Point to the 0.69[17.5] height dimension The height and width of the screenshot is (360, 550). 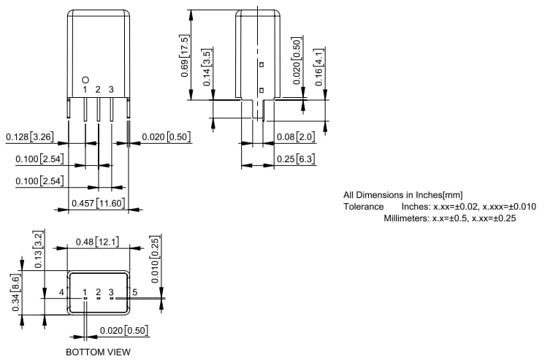[185, 55]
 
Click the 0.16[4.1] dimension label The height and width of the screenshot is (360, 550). [319, 69]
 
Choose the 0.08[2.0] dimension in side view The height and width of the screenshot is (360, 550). [295, 137]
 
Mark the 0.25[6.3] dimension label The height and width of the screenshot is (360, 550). [295, 159]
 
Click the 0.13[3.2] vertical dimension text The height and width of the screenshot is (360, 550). [38, 249]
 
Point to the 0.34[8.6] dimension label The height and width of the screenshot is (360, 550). [16, 293]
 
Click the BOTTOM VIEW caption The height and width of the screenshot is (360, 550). [98, 352]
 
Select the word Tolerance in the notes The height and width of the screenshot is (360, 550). [363, 207]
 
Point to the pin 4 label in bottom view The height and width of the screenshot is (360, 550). [62, 292]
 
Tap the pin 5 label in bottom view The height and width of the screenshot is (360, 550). [134, 292]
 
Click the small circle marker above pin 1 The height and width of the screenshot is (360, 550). [85, 79]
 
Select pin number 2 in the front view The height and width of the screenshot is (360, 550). [98, 89]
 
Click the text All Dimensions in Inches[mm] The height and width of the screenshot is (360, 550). [402, 195]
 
